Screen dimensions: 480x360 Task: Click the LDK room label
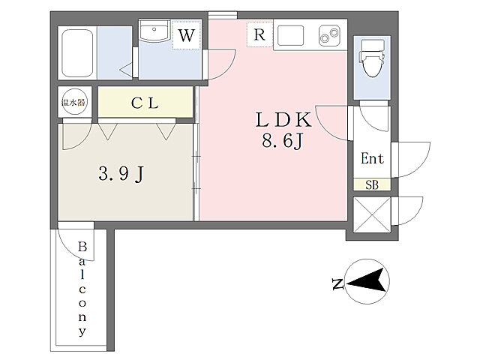click(283, 120)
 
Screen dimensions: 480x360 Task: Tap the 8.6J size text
click(282, 141)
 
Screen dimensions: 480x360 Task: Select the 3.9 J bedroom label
click(121, 173)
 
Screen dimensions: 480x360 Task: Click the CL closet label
click(145, 103)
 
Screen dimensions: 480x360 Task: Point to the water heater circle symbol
click(73, 102)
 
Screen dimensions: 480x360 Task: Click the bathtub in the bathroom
click(77, 53)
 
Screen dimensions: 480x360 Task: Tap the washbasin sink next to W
click(154, 31)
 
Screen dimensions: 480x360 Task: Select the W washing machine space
click(187, 35)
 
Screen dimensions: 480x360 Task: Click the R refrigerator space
click(259, 34)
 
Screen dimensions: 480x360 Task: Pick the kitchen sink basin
click(290, 35)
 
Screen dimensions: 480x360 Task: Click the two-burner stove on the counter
click(329, 35)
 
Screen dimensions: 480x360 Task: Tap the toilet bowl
click(372, 58)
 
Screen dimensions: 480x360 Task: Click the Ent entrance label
click(372, 158)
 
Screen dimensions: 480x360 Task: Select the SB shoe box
click(372, 185)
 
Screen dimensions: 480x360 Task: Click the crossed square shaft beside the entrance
click(372, 214)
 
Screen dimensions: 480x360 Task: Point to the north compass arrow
click(367, 280)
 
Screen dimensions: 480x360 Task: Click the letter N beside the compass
click(337, 284)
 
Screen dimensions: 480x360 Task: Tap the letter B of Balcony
click(82, 247)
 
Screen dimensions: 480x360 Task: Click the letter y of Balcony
click(82, 331)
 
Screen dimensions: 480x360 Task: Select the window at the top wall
click(223, 15)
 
